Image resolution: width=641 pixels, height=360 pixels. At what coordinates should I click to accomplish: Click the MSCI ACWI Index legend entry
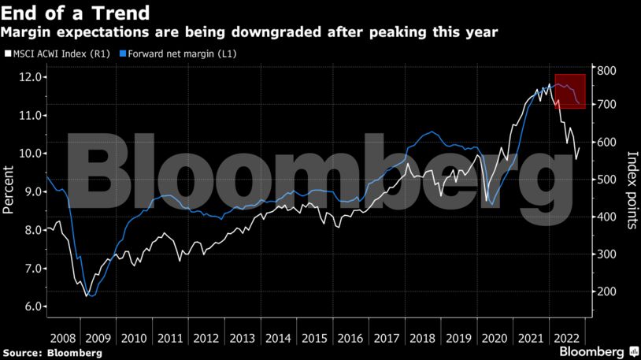click(57, 54)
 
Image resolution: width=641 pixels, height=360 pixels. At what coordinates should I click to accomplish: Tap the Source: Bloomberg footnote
click(52, 352)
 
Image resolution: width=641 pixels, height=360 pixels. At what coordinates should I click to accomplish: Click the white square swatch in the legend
click(7, 54)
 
